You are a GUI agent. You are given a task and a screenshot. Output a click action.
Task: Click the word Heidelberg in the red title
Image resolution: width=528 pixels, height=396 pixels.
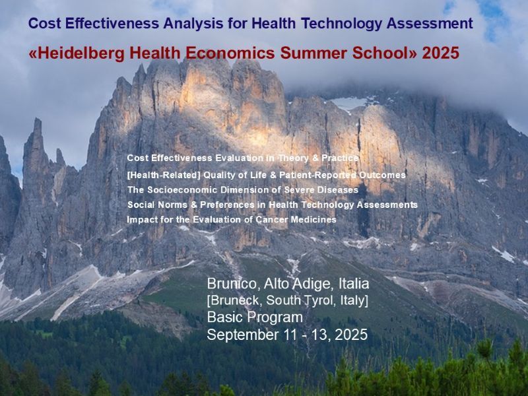click(x=81, y=53)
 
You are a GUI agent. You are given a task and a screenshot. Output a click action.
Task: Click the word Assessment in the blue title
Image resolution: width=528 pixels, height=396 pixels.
click(x=430, y=24)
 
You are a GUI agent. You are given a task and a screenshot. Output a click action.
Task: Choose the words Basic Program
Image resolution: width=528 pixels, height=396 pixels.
click(x=255, y=317)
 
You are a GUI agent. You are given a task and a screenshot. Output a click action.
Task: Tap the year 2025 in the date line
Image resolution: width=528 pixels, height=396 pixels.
click(x=351, y=335)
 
